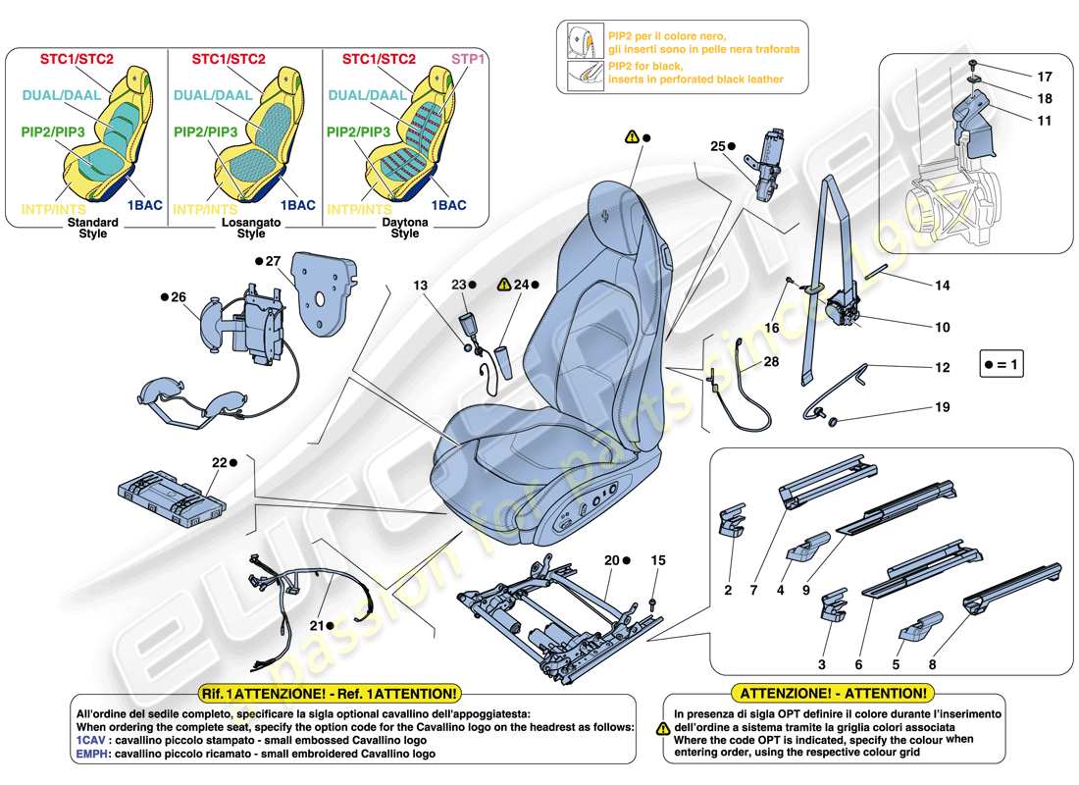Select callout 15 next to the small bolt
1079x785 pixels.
[657, 560]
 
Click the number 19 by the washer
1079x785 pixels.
[942, 405]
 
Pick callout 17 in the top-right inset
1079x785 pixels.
[1044, 76]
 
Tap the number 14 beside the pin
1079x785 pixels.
[942, 286]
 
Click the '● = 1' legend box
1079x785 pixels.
[1002, 366]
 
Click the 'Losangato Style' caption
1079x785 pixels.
[251, 227]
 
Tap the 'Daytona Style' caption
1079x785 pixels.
[405, 227]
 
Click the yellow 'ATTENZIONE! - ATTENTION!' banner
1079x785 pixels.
[832, 694]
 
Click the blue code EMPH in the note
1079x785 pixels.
[93, 754]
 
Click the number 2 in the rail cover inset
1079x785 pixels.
[728, 591]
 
